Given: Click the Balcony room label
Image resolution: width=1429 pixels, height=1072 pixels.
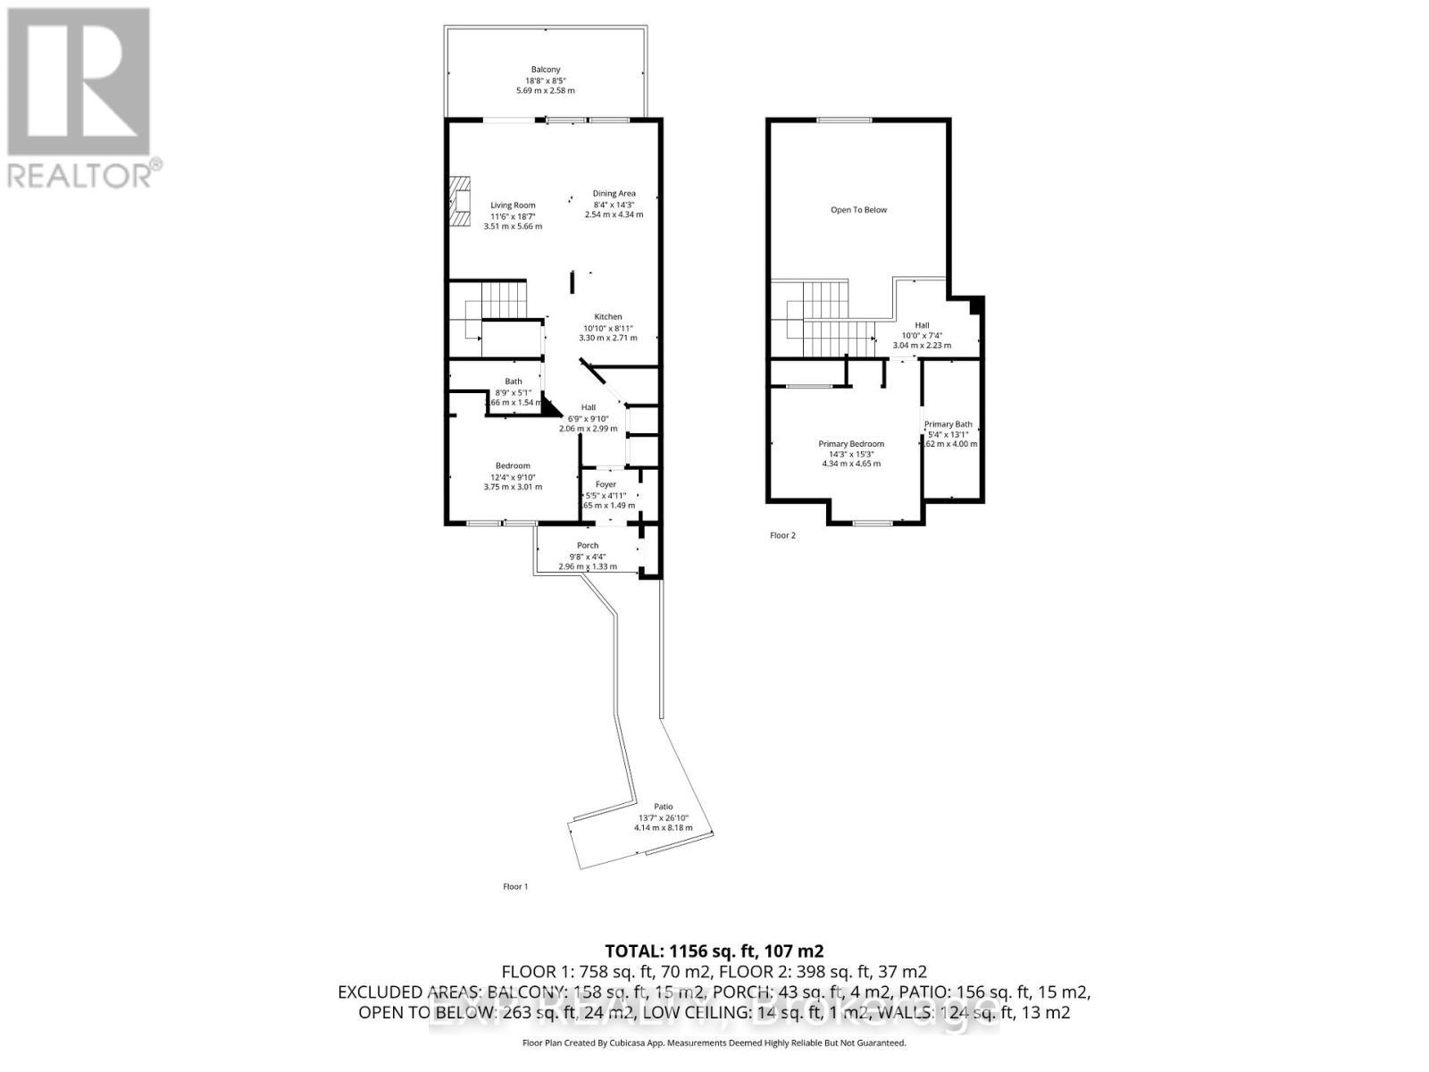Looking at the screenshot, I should [x=545, y=70].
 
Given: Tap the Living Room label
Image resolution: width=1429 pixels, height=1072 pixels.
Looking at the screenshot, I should [x=513, y=205].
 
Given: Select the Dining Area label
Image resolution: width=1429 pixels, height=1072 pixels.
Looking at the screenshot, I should [x=614, y=194].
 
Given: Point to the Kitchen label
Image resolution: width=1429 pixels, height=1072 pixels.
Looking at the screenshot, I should [x=608, y=317].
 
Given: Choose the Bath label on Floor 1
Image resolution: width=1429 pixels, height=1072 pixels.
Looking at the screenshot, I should [x=513, y=381].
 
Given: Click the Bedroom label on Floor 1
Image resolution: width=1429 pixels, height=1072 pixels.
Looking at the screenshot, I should [x=513, y=465].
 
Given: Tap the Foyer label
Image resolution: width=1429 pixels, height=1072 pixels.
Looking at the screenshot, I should [x=606, y=484].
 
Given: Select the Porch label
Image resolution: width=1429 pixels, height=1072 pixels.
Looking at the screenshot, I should [x=588, y=545].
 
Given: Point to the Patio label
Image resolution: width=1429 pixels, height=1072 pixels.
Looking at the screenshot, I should [x=663, y=806].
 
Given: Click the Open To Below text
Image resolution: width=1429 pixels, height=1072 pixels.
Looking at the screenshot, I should [x=858, y=210].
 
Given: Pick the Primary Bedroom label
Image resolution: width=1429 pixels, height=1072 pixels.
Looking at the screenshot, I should [x=851, y=444].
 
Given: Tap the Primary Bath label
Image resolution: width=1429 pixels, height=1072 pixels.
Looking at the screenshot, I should [x=948, y=424].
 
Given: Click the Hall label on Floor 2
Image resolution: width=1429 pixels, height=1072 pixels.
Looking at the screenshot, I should [x=922, y=325].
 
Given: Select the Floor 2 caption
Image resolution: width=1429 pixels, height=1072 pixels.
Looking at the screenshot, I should [x=782, y=535].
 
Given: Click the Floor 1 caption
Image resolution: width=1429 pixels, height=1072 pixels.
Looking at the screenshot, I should [x=515, y=886].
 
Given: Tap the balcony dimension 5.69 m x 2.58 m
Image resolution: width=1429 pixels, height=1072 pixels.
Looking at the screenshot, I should [x=545, y=90].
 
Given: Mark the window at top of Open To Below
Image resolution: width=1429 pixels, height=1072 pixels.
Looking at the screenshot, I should [x=844, y=121].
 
